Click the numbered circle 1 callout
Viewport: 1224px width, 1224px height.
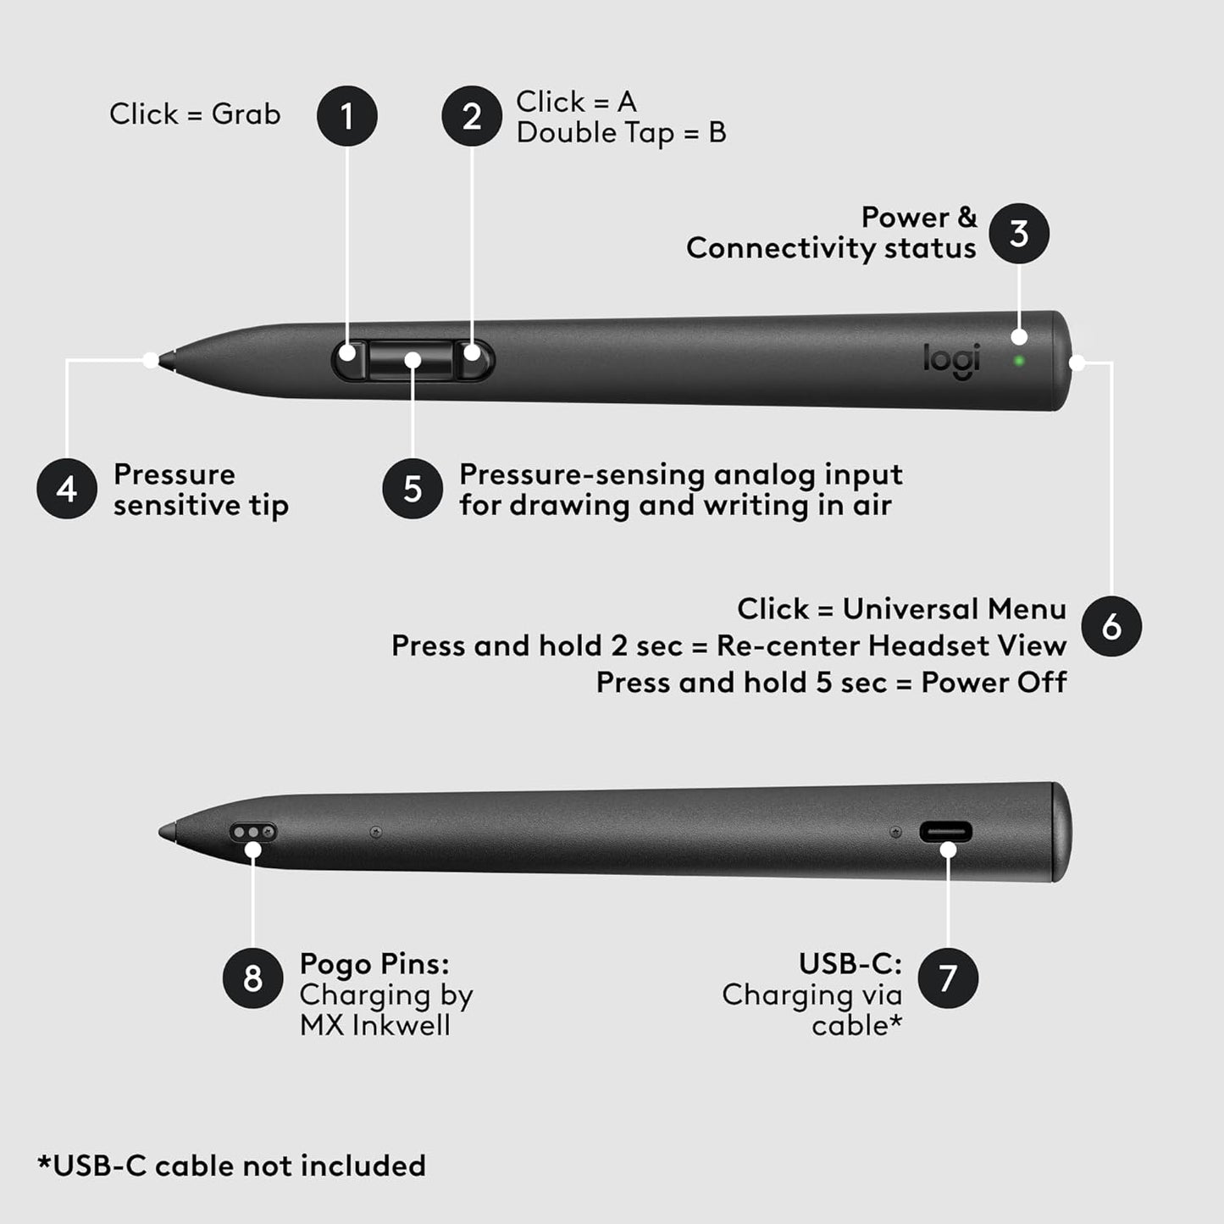tap(347, 116)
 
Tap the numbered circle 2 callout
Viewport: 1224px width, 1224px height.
tap(472, 116)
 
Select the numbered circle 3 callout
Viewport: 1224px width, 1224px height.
tap(1019, 234)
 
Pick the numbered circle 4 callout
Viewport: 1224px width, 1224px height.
tap(67, 489)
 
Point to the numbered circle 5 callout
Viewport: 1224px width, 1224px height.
tap(413, 489)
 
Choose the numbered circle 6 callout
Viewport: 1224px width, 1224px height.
tap(1111, 627)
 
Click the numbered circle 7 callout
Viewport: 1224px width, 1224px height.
tap(948, 978)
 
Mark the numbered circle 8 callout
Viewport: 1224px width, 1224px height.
tap(252, 978)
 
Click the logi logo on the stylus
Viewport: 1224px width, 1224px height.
tap(951, 360)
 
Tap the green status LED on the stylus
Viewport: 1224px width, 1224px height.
tap(1019, 361)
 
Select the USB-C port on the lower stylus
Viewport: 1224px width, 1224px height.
tap(946, 832)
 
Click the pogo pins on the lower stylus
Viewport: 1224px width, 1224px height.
tap(253, 833)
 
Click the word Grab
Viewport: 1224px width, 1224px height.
tap(246, 114)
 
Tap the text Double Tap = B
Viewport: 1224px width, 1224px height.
tap(621, 133)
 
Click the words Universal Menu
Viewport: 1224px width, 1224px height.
tap(954, 609)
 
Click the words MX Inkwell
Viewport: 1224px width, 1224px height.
tap(375, 1026)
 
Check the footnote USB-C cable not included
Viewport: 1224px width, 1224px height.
tap(231, 1166)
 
